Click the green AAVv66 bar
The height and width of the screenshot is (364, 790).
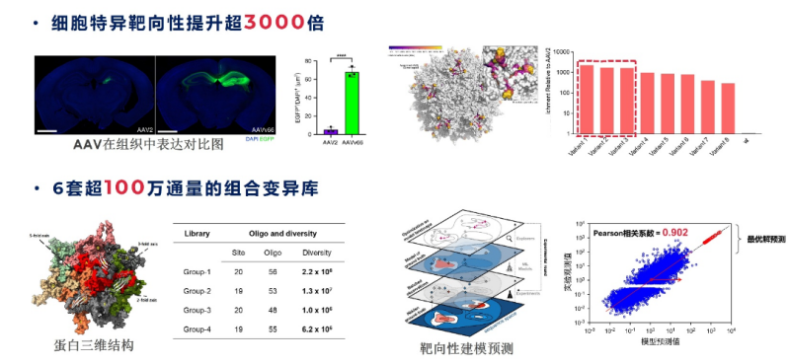(x=352, y=103)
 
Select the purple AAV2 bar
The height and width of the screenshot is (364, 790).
(x=331, y=131)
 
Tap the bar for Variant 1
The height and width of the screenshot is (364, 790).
(x=586, y=99)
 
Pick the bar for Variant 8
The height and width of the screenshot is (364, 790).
(x=729, y=109)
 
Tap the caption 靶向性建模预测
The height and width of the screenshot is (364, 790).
(x=465, y=348)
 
